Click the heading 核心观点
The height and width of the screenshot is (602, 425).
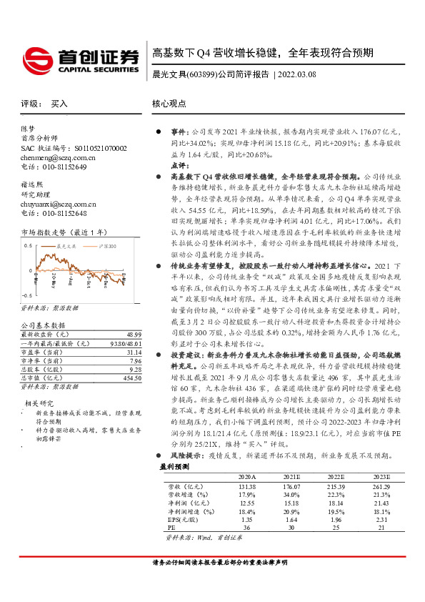coord(169,104)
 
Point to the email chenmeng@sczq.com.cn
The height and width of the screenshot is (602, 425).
coord(54,157)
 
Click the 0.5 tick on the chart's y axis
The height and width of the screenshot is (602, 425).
coord(28,246)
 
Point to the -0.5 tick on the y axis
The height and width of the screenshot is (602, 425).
coord(27,295)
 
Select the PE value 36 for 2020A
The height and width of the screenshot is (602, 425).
coord(246,527)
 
